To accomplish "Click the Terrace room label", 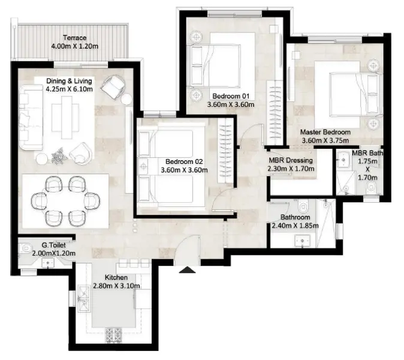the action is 75,38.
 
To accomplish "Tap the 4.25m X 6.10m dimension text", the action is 69,89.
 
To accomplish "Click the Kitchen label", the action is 116,277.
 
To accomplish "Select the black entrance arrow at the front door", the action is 187,270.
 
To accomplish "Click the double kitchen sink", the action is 84,299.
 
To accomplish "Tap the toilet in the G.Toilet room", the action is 25,248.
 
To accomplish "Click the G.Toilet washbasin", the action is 48,263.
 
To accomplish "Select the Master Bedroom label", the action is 325,132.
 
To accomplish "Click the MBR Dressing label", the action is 291,160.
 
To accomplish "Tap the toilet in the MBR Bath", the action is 371,187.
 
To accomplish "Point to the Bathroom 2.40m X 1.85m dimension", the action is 296,226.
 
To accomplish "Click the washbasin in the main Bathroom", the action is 302,241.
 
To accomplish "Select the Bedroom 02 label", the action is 184,161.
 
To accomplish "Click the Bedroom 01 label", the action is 231,96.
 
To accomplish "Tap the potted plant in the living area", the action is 58,156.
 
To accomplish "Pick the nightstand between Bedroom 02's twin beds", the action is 144,166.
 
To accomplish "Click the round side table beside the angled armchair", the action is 126,99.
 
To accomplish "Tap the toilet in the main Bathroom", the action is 303,206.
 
